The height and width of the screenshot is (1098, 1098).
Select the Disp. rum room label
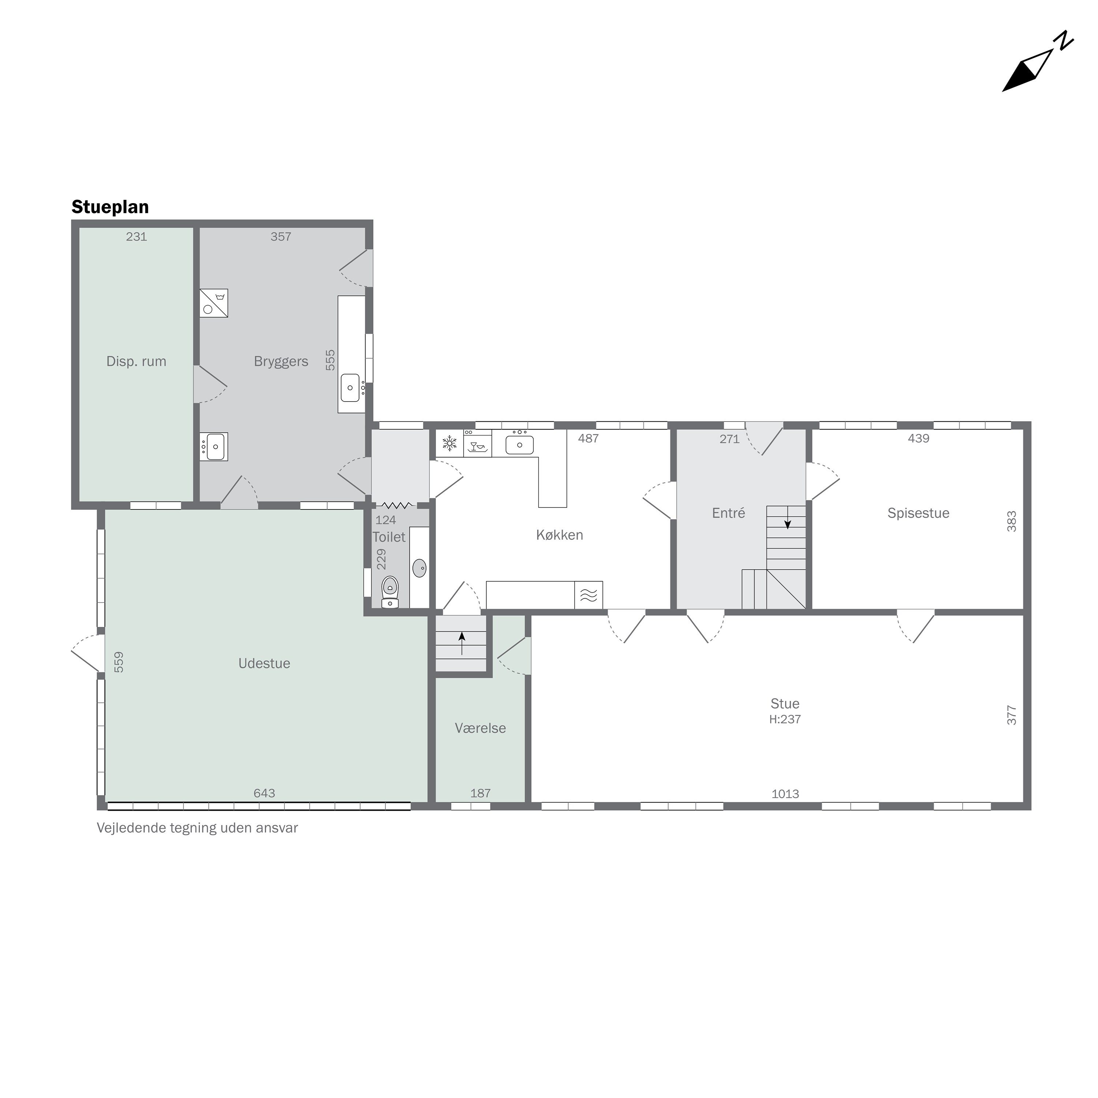coord(137,362)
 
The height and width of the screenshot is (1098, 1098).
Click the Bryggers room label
coord(281,362)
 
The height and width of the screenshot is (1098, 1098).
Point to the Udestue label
coord(264,663)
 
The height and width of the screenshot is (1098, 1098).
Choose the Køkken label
coord(560,535)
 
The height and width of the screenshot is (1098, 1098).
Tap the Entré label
coord(729,513)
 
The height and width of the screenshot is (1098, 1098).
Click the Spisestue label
coord(918,513)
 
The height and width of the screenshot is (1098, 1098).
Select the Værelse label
coord(480,728)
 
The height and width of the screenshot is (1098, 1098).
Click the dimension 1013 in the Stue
coord(785,794)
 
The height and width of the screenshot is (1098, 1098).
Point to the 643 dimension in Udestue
coord(264,793)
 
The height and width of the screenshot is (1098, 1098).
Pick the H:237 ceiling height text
coord(785,720)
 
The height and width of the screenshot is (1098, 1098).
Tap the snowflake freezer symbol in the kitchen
coord(449,443)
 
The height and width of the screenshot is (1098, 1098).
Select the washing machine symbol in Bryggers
coord(214,303)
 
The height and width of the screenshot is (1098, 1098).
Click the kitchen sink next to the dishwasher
coord(519,444)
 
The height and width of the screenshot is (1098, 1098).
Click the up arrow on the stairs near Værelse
coord(462,643)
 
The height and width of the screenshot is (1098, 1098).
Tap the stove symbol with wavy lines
coord(589,595)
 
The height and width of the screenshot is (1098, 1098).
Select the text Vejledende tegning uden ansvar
coord(197,828)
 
